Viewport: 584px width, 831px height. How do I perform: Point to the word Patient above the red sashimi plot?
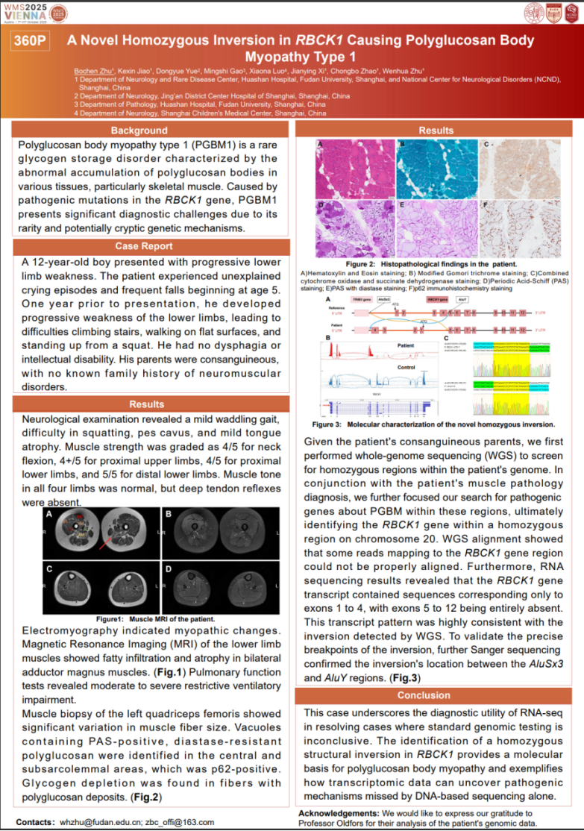406,345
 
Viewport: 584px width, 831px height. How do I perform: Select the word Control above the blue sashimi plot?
406,368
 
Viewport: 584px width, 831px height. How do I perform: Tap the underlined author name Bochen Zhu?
90,71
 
